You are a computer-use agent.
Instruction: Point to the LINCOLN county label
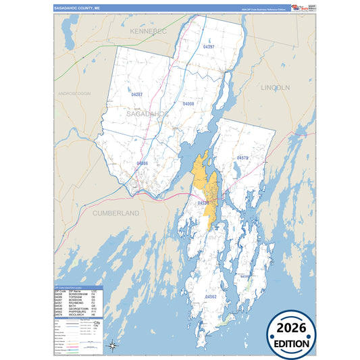pos(275,88)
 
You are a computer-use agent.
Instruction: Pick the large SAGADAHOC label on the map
pos(147,115)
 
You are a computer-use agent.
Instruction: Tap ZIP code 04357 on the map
pos(209,47)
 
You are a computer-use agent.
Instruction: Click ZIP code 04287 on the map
pos(136,95)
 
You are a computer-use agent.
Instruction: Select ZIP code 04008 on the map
pos(188,104)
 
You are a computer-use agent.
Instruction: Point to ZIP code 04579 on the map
pos(243,157)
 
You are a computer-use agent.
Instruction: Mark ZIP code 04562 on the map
pos(211,297)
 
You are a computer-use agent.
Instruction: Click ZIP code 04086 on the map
pos(143,163)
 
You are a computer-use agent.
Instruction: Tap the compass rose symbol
pos(112,346)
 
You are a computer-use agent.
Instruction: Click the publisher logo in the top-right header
pos(300,8)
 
